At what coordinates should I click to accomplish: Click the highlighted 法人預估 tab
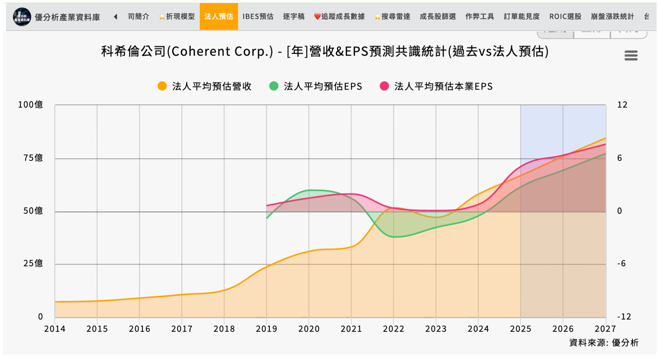coord(219,16)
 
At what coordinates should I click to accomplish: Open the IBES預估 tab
coord(258,16)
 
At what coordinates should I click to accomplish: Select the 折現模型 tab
coord(177,16)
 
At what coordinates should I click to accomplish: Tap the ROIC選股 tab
coord(565,16)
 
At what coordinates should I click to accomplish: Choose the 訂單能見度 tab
coord(521,16)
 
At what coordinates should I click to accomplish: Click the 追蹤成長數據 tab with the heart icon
coord(339,16)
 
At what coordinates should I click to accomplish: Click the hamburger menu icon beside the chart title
coord(631,55)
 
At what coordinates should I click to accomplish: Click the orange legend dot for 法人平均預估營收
coord(162,86)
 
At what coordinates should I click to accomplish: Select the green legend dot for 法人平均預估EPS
coord(274,86)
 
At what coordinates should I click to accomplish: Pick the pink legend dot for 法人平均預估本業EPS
coord(384,86)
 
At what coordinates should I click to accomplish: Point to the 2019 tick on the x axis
coord(266,329)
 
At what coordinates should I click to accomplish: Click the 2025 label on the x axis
coord(520,329)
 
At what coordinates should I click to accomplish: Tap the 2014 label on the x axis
coord(55,329)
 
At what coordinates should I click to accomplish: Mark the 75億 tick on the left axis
coord(33,158)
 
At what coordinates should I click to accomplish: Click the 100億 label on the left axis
coord(30,105)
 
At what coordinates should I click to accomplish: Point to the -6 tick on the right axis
coord(621,264)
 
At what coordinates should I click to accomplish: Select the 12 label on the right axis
coord(622,105)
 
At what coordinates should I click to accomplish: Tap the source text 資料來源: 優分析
coord(604,343)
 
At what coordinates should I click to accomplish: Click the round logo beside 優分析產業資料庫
coord(22,17)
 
